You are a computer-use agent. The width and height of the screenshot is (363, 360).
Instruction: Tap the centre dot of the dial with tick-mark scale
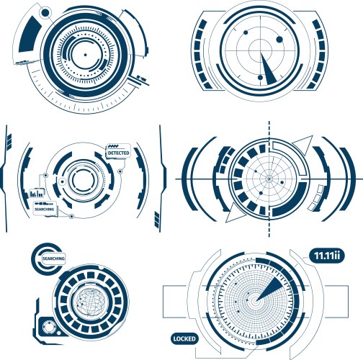click(85, 55)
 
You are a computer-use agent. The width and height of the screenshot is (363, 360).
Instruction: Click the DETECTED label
click(118, 153)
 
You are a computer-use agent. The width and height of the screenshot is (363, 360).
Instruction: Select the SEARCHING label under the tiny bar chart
click(45, 209)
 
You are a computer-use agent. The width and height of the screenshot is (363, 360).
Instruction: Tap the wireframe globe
click(90, 297)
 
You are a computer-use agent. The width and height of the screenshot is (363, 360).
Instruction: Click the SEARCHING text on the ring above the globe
click(54, 257)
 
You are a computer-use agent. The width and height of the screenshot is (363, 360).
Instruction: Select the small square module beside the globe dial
click(49, 328)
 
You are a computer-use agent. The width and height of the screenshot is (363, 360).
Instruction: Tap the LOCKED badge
click(183, 338)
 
